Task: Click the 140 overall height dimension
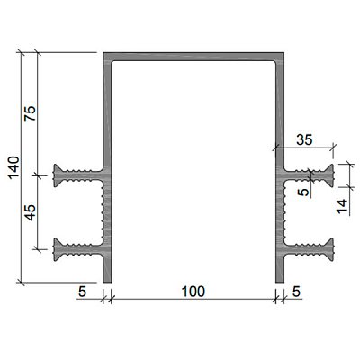click(14, 167)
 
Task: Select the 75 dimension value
click(31, 113)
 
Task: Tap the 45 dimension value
click(31, 212)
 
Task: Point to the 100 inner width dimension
click(193, 292)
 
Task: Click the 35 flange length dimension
click(304, 139)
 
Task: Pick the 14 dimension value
click(342, 206)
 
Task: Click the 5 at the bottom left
click(82, 292)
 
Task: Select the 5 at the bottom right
click(296, 292)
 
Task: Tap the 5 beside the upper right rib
click(304, 192)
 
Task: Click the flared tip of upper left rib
click(56, 175)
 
